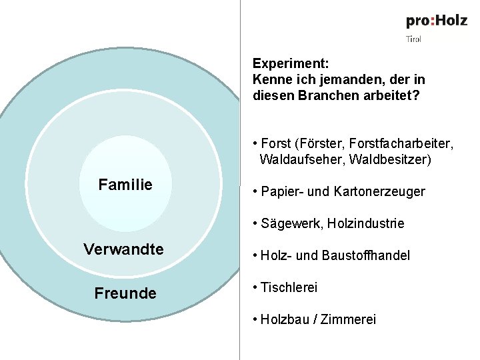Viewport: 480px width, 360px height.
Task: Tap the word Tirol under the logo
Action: click(414, 39)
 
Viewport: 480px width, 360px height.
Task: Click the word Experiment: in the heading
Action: click(291, 64)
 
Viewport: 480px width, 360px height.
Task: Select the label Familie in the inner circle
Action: click(125, 185)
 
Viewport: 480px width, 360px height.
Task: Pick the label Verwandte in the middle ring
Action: click(123, 249)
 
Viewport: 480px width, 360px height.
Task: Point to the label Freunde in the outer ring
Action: click(125, 293)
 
